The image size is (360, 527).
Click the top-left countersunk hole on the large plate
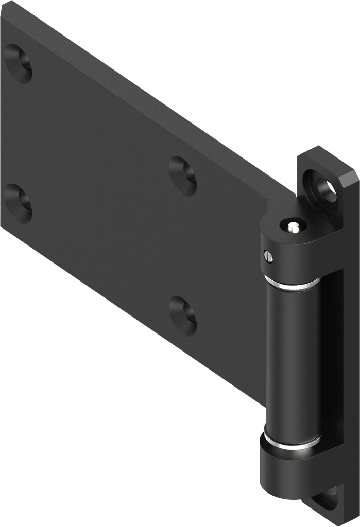(x=18, y=64)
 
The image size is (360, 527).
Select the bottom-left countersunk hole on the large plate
(x=18, y=204)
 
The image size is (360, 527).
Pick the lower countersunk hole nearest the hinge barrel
(x=183, y=315)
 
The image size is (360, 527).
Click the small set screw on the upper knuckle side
(x=267, y=256)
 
